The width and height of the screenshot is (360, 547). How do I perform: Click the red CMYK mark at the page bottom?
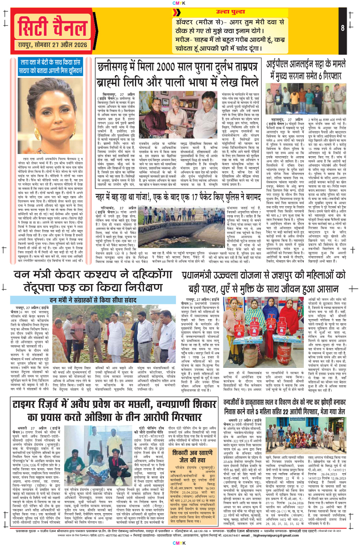(180, 542)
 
